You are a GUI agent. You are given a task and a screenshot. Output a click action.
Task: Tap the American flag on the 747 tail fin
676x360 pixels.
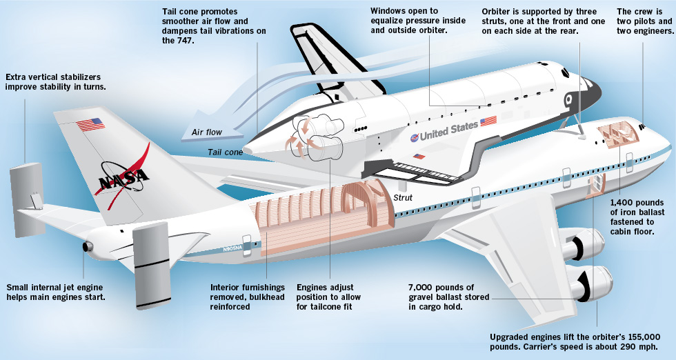click(x=90, y=125)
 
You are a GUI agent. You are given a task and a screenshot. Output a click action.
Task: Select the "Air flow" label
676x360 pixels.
click(x=207, y=132)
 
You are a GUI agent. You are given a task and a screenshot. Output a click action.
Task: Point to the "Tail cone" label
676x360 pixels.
click(x=224, y=152)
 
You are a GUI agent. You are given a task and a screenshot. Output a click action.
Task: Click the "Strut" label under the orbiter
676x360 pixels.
click(x=403, y=198)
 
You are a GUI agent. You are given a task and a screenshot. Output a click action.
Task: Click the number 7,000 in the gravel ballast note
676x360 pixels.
click(x=422, y=287)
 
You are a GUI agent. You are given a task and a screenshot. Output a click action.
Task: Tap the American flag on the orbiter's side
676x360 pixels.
click(x=488, y=121)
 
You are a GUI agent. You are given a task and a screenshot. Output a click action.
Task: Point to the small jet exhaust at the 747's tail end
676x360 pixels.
click(x=87, y=247)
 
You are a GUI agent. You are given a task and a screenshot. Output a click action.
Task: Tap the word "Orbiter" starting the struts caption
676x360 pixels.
click(x=499, y=12)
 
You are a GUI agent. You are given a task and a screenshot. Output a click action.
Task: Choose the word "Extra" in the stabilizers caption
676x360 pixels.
click(x=17, y=77)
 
